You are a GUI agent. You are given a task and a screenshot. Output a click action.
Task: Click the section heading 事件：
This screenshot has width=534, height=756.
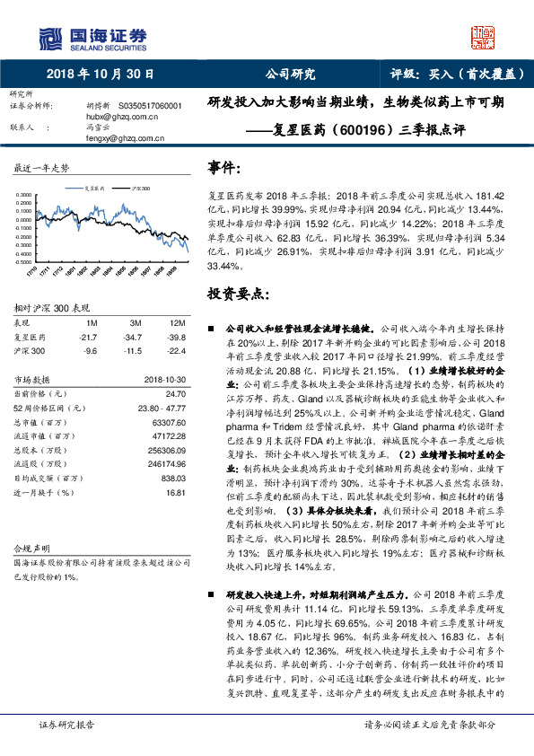[224, 168]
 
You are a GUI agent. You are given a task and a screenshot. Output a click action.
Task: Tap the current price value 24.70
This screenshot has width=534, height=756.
[176, 393]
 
